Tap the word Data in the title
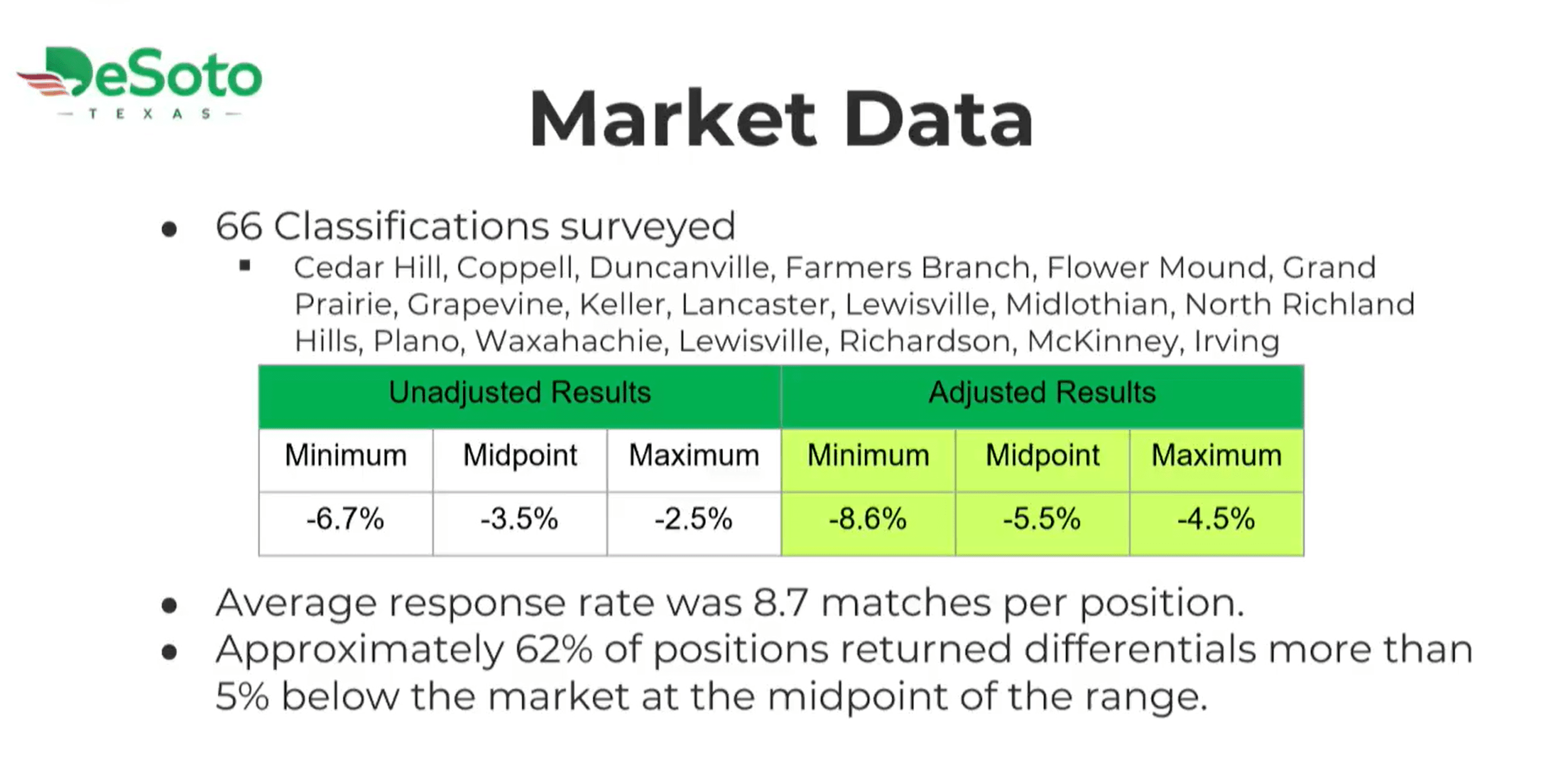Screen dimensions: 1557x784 [x=939, y=118]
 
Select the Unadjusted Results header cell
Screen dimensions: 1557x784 [x=520, y=397]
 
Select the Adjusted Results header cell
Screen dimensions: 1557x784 [x=1043, y=397]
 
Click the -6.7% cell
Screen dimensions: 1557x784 [x=346, y=523]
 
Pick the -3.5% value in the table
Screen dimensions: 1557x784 [x=520, y=519]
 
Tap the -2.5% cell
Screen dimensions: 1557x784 [x=694, y=523]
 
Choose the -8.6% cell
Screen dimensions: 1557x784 [x=868, y=523]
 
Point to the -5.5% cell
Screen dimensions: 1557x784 [x=1042, y=523]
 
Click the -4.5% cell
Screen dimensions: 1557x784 [x=1217, y=523]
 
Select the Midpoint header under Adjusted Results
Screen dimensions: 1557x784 [x=1043, y=455]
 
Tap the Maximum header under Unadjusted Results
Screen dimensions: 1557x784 [x=694, y=455]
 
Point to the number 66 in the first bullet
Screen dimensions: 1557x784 [x=239, y=227]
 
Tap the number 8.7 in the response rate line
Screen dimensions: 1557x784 [x=780, y=604]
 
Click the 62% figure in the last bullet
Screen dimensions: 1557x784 [x=554, y=650]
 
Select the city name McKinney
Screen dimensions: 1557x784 [x=1102, y=342]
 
